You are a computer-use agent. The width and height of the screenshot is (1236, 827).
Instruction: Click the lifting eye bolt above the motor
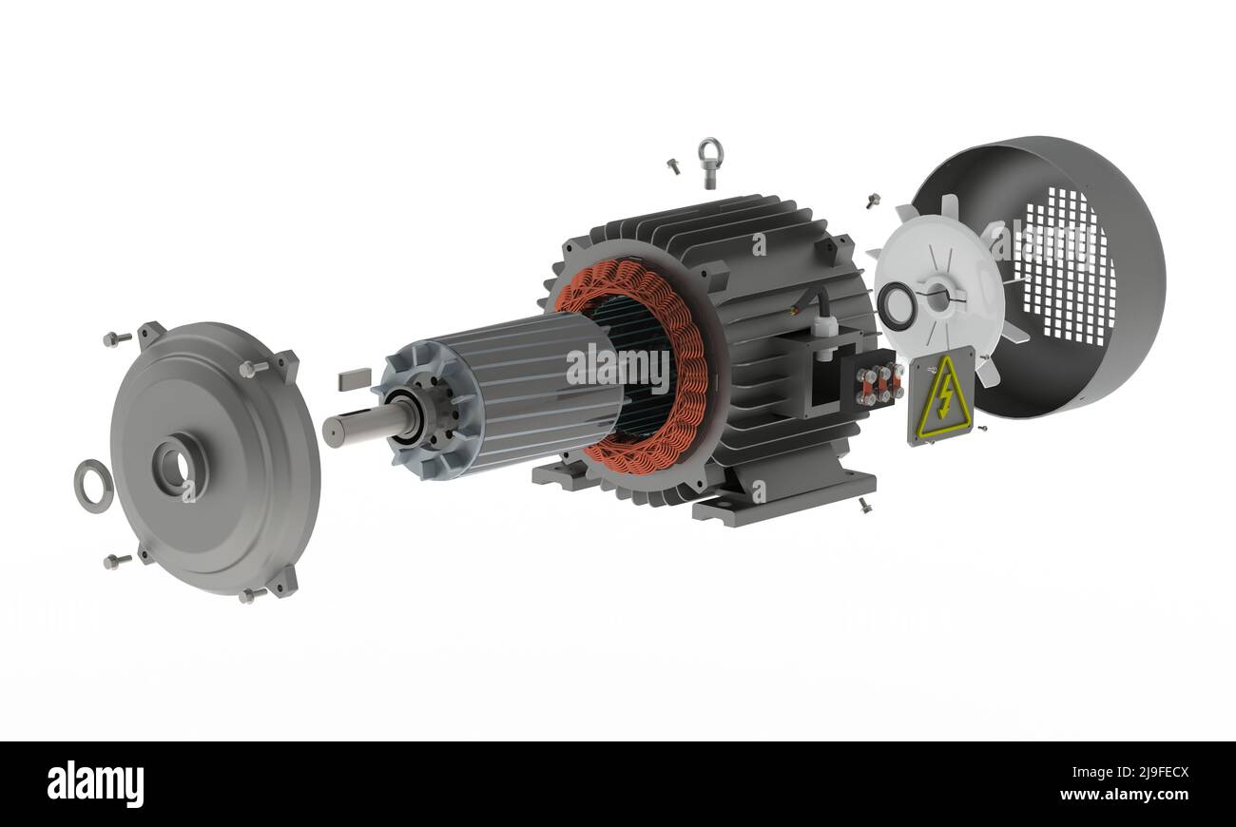point(709,162)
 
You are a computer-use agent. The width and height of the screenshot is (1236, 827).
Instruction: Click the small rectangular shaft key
point(355,380)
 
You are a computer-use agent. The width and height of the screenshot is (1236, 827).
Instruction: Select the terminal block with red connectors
point(877,383)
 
